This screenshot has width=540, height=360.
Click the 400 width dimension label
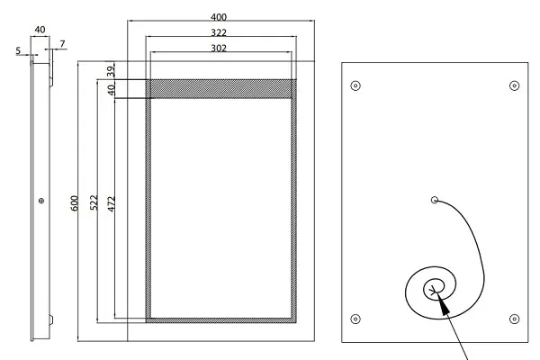[219, 17]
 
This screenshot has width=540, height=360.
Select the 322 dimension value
[219, 32]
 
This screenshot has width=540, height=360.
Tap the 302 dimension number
[219, 48]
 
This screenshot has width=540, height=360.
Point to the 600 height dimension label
[75, 203]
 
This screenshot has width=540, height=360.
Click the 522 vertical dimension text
[94, 202]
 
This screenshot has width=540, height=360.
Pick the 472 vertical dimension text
[111, 204]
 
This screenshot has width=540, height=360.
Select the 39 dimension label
[111, 71]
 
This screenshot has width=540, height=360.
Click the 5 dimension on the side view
[18, 50]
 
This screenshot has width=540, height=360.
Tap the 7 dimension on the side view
[62, 44]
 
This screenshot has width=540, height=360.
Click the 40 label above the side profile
[40, 30]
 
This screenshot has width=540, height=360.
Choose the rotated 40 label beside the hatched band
[111, 90]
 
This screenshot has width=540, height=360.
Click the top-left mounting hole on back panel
[355, 85]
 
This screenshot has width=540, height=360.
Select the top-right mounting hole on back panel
[514, 85]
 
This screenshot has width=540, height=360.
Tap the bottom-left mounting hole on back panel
[355, 319]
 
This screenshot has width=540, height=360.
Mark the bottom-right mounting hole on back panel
[514, 319]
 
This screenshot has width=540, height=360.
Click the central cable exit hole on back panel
[435, 200]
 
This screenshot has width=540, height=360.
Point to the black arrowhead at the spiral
[443, 304]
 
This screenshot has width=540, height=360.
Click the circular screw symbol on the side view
[41, 201]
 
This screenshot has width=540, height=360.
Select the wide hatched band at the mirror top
[221, 89]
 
